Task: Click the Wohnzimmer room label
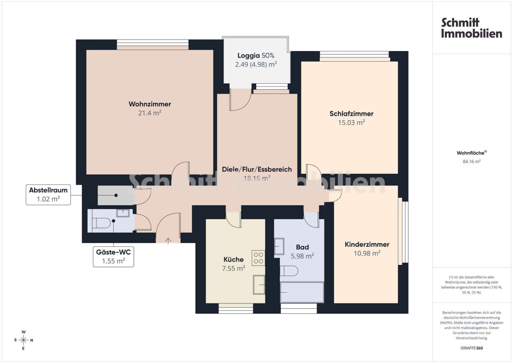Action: point(150,104)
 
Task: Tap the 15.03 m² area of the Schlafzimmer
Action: point(351,123)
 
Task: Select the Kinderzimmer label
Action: point(367,244)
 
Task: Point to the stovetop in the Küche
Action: point(258,258)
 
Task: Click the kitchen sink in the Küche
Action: point(259,285)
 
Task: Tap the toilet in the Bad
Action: point(289,271)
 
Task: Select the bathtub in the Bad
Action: point(302,292)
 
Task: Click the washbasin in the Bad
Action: point(279,246)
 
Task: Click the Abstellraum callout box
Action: point(48,195)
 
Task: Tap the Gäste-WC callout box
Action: point(113,257)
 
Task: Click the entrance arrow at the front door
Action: point(168,241)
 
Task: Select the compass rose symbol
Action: point(24,340)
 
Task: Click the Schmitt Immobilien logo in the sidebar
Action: point(472,28)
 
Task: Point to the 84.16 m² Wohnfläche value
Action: point(472,162)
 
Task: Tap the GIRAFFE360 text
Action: point(472,348)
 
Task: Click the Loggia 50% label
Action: point(256,55)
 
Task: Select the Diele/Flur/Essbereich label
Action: point(257,169)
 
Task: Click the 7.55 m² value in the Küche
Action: point(233,268)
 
